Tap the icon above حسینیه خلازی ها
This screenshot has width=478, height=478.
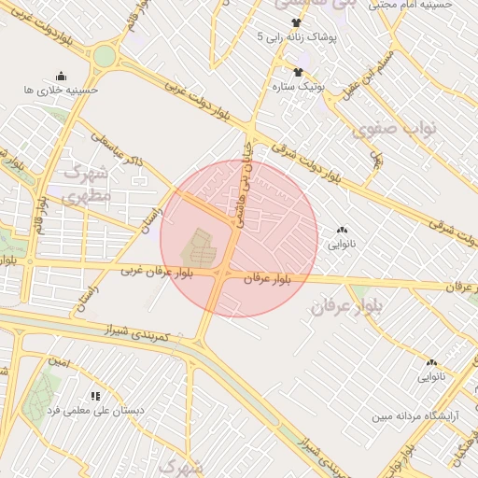[62, 76]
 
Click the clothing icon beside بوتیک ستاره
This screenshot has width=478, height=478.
[298, 72]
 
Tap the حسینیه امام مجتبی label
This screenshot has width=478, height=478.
[410, 5]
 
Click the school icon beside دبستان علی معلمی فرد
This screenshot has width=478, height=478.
[95, 396]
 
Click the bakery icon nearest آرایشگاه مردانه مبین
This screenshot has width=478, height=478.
[431, 362]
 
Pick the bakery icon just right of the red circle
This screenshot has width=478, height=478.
[341, 230]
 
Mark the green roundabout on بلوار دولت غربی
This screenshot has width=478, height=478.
[105, 56]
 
